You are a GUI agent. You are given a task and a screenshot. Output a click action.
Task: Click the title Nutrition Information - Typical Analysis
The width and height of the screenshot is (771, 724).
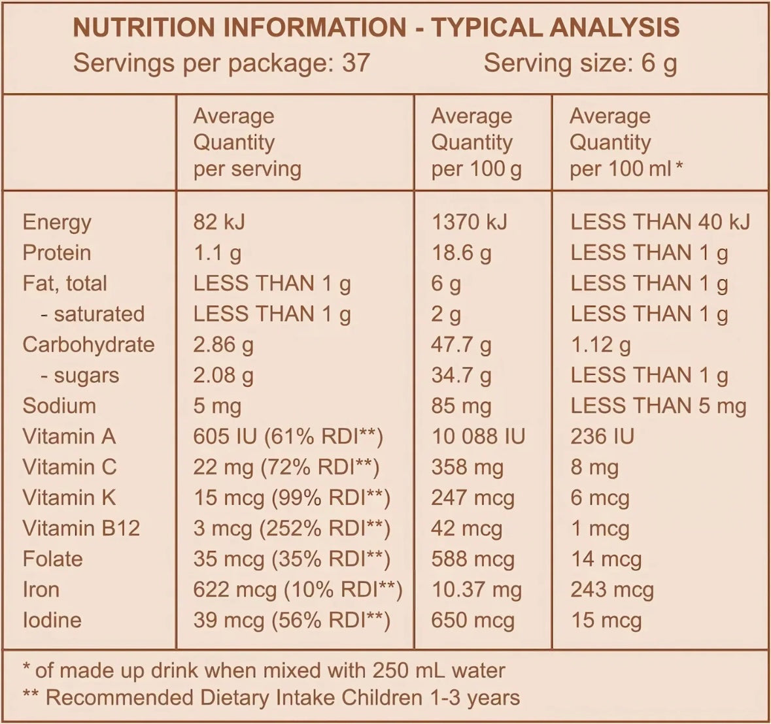click(376, 28)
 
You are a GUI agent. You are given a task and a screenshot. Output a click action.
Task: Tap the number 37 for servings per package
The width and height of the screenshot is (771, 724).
click(356, 63)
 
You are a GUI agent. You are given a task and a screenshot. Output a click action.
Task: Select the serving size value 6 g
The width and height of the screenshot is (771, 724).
click(659, 63)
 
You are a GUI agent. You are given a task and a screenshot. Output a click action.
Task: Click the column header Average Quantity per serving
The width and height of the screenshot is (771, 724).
click(247, 142)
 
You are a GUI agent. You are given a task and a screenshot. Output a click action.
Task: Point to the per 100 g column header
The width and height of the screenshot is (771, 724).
click(476, 142)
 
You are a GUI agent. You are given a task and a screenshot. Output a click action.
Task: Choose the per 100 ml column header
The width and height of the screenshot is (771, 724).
click(626, 142)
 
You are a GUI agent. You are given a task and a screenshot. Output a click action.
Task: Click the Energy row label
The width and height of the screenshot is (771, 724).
click(57, 222)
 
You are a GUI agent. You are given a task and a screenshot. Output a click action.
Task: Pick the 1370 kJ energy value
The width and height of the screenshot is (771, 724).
click(469, 222)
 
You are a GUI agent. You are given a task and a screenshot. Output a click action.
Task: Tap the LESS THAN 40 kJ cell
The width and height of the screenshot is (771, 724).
click(660, 222)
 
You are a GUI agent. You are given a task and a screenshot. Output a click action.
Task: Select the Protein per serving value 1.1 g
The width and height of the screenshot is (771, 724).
click(217, 253)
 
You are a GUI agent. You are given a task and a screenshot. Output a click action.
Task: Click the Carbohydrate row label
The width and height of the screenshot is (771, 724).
click(88, 344)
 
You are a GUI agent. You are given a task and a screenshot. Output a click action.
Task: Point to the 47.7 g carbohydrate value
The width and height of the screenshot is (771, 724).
click(461, 344)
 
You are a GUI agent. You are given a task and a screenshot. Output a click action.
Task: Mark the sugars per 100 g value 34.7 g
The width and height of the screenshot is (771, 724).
click(461, 375)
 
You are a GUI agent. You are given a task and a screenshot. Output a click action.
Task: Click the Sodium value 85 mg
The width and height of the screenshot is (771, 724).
click(461, 406)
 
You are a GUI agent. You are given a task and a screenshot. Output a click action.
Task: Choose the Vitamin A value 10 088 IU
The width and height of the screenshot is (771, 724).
click(478, 436)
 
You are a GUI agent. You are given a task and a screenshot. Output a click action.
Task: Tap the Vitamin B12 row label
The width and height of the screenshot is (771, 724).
click(81, 528)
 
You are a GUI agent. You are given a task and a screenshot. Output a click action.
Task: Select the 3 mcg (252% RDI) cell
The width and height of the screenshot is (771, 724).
click(292, 528)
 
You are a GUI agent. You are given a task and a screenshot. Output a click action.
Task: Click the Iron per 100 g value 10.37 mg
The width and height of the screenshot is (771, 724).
click(476, 589)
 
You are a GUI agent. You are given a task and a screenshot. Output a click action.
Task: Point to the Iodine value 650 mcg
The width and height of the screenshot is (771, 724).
click(472, 620)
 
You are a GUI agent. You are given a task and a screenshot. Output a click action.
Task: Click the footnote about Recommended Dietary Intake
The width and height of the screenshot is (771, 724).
click(271, 697)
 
